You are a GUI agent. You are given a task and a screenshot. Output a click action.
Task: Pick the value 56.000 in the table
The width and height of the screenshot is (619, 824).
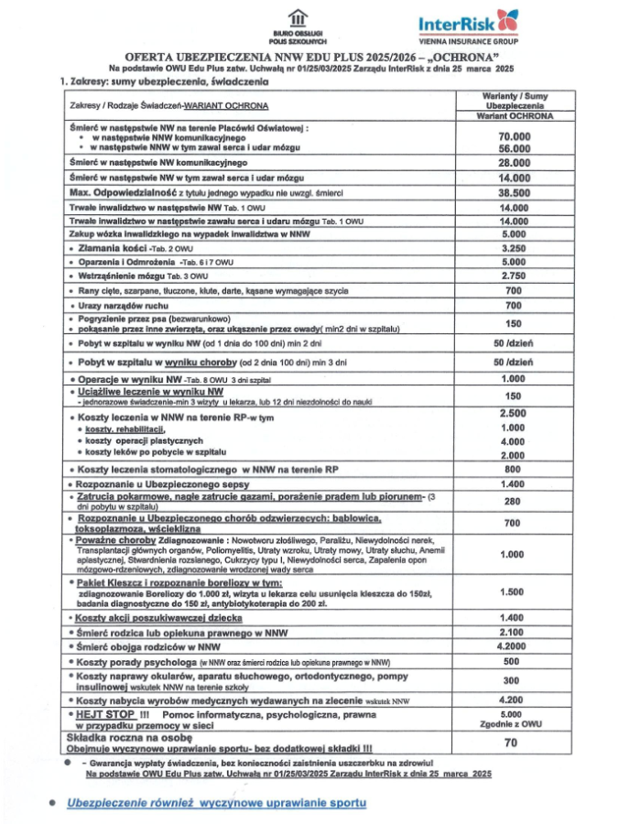pos(516,148)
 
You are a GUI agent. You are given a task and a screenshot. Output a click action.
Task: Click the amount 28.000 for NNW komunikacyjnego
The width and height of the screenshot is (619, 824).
pos(516,162)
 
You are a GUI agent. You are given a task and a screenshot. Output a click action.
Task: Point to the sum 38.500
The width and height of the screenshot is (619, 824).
pos(516,193)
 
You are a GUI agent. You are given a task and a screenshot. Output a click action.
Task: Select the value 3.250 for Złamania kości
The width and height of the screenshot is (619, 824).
pos(516,247)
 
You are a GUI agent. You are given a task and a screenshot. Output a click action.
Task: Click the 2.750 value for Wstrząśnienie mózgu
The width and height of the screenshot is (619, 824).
pos(516,276)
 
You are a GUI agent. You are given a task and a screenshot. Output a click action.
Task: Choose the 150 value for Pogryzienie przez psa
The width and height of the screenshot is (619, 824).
pos(516,323)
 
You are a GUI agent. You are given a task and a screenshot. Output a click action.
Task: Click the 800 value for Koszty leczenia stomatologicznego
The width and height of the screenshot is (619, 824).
pos(516,470)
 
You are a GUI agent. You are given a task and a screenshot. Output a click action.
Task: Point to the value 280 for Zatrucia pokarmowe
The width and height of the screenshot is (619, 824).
pos(516,501)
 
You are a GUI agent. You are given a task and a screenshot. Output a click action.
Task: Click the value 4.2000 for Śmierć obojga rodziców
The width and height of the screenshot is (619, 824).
pos(516,646)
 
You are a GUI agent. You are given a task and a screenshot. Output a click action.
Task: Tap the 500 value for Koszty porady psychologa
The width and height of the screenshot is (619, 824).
pos(516,661)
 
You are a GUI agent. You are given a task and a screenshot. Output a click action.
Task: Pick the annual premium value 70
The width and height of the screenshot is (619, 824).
pos(516,743)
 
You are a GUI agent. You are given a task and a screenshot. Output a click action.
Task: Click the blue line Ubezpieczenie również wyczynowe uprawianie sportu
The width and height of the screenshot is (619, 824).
pos(216,803)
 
